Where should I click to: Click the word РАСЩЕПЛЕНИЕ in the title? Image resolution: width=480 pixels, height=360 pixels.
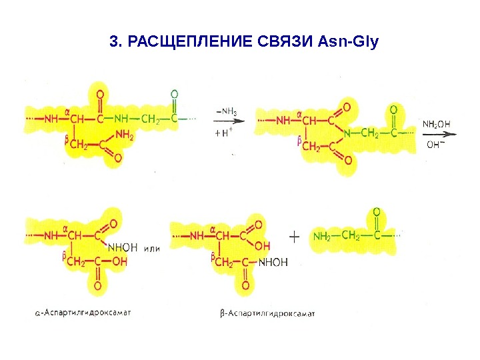[187, 43]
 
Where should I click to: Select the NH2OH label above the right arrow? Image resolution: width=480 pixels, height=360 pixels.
[437, 124]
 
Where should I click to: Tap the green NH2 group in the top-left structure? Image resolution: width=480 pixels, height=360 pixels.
[125, 135]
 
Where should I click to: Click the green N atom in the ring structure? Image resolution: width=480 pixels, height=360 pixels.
[347, 134]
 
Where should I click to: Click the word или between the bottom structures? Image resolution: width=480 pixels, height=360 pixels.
[153, 248]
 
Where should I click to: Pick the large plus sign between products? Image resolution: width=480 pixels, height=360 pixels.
[295, 236]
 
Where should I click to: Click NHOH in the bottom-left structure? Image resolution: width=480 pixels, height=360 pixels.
[122, 247]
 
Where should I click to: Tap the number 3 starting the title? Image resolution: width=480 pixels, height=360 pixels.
[113, 43]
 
